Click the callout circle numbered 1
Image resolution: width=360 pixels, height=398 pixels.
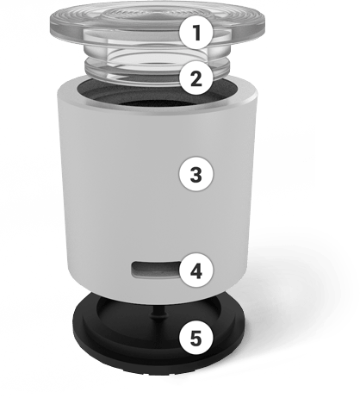[x=196, y=33]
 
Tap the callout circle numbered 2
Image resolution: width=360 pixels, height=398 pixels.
[x=196, y=78]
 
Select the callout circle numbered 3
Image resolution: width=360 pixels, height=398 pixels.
[x=196, y=174]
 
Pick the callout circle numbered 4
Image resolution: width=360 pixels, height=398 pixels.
[x=196, y=271]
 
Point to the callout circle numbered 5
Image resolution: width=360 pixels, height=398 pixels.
[x=196, y=339]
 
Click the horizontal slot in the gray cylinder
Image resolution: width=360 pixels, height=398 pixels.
[x=156, y=270]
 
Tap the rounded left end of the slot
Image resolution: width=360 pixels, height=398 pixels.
[x=133, y=270]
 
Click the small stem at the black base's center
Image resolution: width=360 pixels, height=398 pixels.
[x=158, y=313]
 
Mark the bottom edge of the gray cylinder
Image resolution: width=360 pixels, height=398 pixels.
[x=158, y=299]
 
